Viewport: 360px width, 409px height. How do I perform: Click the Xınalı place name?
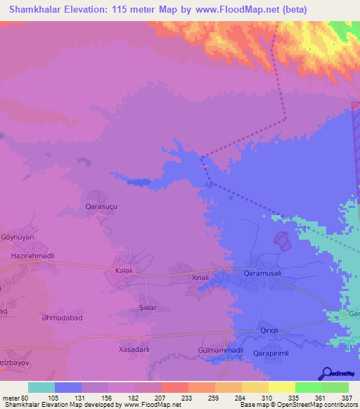202,278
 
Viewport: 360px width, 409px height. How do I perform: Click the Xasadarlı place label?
135,349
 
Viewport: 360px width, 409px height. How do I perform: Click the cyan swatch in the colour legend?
41,387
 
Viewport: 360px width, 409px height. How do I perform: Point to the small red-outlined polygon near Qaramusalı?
282,240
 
